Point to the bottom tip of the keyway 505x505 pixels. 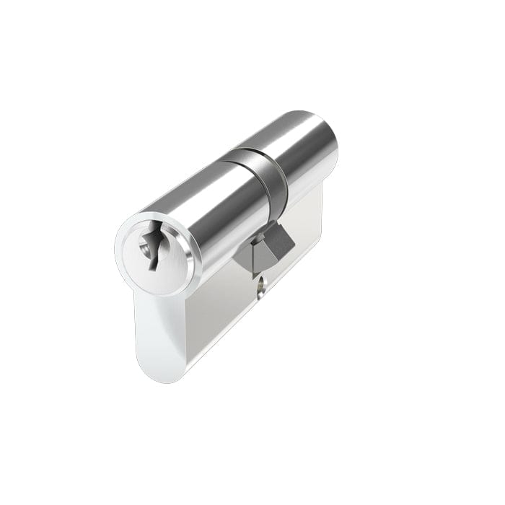[x=151, y=268]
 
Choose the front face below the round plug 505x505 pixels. [x=159, y=325]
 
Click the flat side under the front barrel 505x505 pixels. [x=216, y=317]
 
